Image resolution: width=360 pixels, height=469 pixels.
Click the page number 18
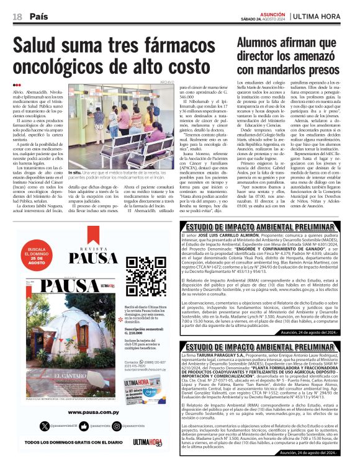(17, 17)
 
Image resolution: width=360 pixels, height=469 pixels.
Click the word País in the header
(38, 17)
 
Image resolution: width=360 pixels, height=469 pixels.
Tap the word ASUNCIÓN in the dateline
(272, 13)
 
